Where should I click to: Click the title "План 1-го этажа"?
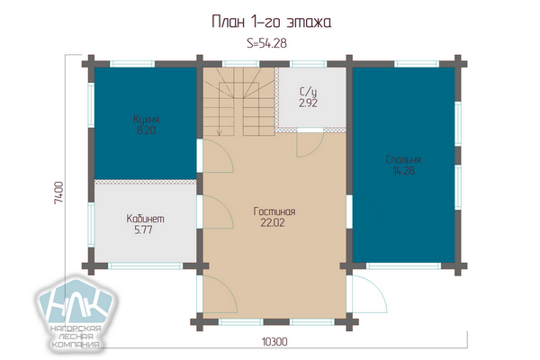pyautogui.click(x=272, y=22)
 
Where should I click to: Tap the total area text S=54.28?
pyautogui.click(x=267, y=43)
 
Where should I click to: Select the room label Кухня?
pyautogui.click(x=147, y=119)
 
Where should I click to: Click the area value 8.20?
pyautogui.click(x=146, y=130)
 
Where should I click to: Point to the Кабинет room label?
pyautogui.click(x=145, y=219)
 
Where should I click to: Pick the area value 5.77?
pyautogui.click(x=144, y=229)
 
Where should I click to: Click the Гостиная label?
pyautogui.click(x=274, y=211)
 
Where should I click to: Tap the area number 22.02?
pyautogui.click(x=273, y=222)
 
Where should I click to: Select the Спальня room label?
pyautogui.click(x=403, y=159)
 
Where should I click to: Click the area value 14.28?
pyautogui.click(x=403, y=170)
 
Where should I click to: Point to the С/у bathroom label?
pyautogui.click(x=308, y=92)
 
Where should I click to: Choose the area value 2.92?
pyautogui.click(x=308, y=103)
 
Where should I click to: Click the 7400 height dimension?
pyautogui.click(x=58, y=193)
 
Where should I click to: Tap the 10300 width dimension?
pyautogui.click(x=274, y=342)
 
